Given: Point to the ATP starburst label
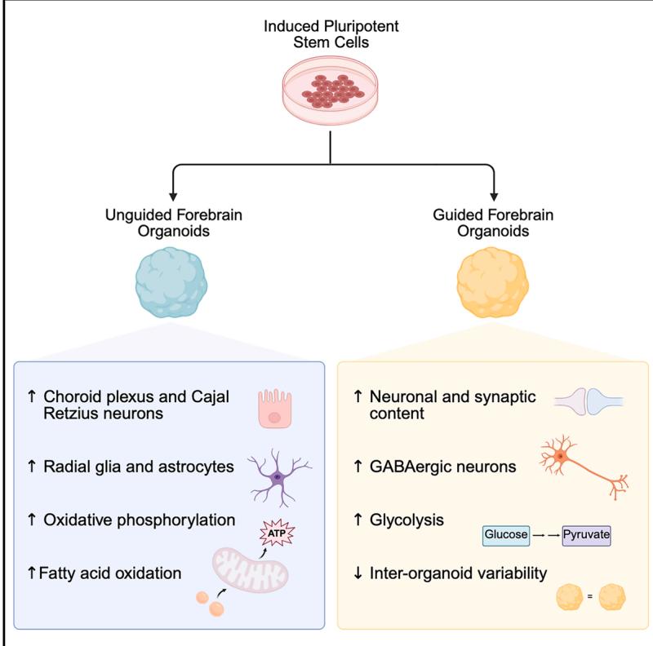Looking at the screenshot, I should pyautogui.click(x=277, y=534).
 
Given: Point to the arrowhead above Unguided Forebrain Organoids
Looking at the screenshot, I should pyautogui.click(x=171, y=196).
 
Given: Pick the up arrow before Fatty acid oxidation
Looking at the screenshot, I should pyautogui.click(x=32, y=573).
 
